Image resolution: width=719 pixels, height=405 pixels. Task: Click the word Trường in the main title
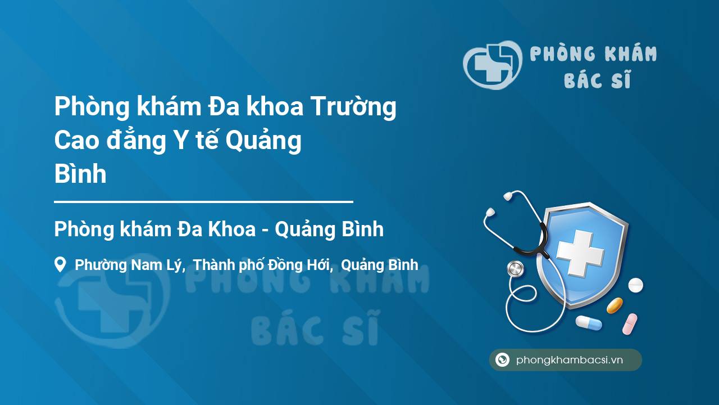click(x=354, y=107)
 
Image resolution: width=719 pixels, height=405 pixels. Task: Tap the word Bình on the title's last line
click(x=80, y=174)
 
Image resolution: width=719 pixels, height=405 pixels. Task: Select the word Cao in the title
click(x=76, y=141)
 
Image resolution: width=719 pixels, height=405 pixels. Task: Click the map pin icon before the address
click(x=60, y=264)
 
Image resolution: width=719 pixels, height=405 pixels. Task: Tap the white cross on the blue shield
click(x=580, y=253)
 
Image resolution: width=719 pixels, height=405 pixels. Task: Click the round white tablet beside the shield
click(x=635, y=285)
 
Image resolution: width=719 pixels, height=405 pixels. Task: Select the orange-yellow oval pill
click(x=615, y=305)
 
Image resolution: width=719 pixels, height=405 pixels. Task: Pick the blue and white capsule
click(x=589, y=322)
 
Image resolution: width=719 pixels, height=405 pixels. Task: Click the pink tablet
click(x=630, y=324)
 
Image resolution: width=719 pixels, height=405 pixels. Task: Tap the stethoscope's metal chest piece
click(x=515, y=269)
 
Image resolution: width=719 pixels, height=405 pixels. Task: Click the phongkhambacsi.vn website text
click(x=570, y=360)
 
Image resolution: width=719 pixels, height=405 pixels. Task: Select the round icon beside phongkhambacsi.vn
click(x=502, y=359)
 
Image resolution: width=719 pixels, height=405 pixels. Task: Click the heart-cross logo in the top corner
click(x=493, y=65)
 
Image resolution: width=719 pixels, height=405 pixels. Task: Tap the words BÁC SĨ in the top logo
click(x=597, y=80)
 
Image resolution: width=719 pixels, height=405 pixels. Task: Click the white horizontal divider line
click(x=203, y=202)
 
